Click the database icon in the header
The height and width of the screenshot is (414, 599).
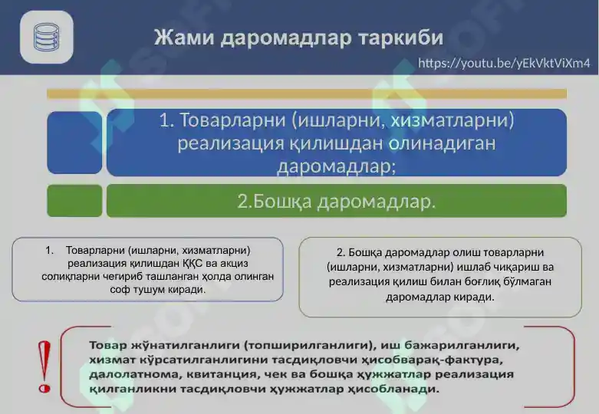(x=46, y=37)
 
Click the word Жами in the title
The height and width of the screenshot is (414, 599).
(x=184, y=38)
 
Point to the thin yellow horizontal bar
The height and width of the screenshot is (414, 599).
(x=307, y=94)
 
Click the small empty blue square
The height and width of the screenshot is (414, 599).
(x=74, y=143)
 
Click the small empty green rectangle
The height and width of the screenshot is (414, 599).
(x=74, y=201)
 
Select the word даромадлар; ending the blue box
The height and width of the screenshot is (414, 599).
(x=336, y=166)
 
